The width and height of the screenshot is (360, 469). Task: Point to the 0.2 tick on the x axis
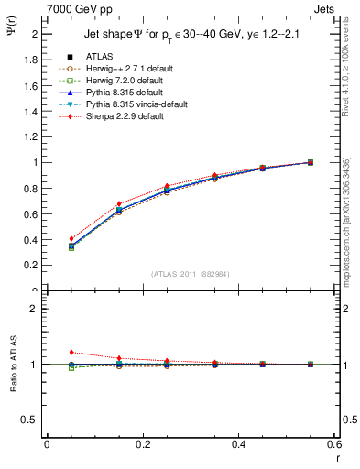pyautogui.click(x=142, y=443)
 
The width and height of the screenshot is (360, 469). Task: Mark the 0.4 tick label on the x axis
pyautogui.click(x=238, y=443)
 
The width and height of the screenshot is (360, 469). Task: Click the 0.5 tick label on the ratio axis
pyautogui.click(x=32, y=420)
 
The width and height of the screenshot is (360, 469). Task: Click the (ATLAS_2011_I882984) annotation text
pyautogui.click(x=190, y=274)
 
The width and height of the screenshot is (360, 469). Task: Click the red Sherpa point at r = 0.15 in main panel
pyautogui.click(x=119, y=203)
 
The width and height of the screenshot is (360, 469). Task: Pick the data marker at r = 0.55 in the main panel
pyautogui.click(x=311, y=162)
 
